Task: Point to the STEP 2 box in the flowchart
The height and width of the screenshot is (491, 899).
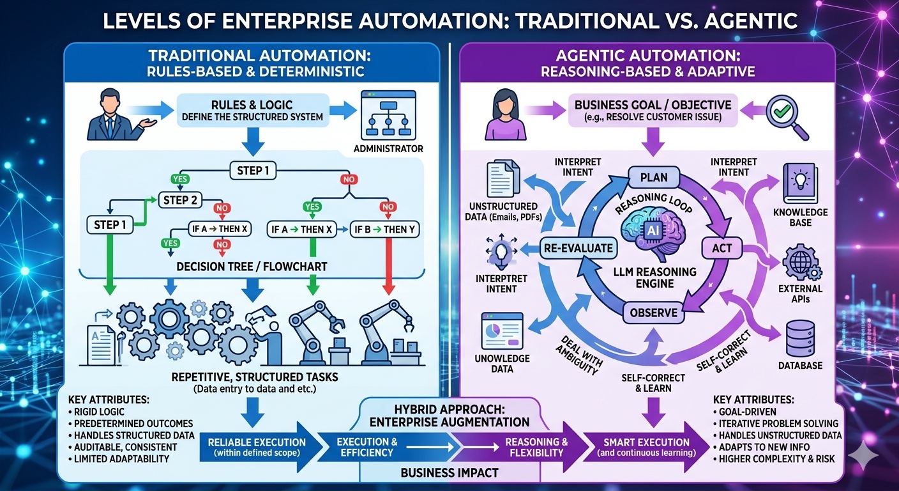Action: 181,200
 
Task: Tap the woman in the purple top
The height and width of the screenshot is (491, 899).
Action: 505,115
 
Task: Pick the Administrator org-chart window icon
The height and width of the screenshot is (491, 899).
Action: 388,115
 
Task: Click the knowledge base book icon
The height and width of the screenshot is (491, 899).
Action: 801,183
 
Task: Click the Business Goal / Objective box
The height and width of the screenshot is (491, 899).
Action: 652,110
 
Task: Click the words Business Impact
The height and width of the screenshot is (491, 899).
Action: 450,473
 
